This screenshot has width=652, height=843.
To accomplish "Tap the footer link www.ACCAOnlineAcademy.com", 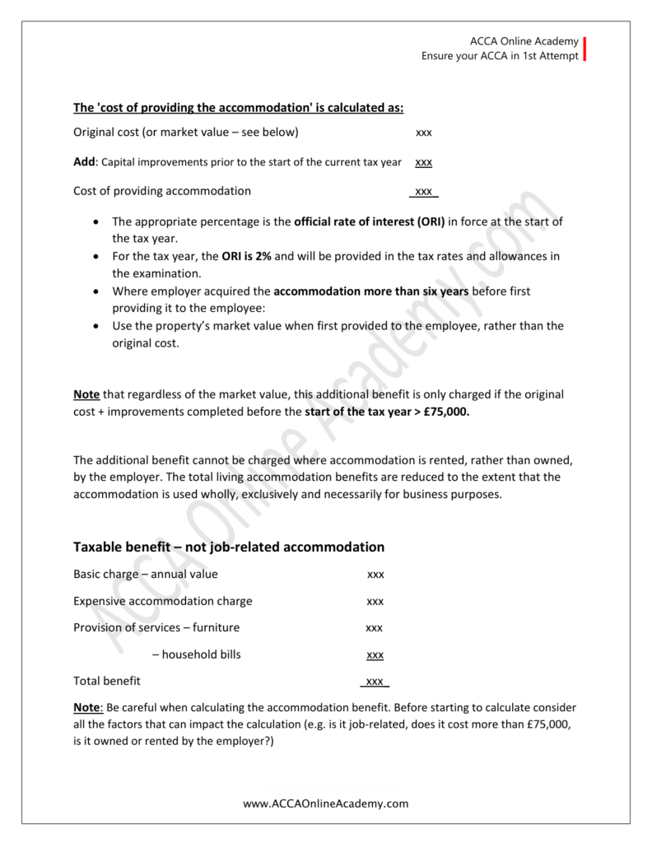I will pyautogui.click(x=326, y=803).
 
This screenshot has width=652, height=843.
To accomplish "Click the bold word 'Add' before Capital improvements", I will pyautogui.click(x=85, y=162).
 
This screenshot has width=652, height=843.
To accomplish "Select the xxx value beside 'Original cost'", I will pyautogui.click(x=424, y=133).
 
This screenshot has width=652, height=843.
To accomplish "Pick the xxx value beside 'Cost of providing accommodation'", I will pyautogui.click(x=424, y=192).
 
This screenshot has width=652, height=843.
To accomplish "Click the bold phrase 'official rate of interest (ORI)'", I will pyautogui.click(x=370, y=222).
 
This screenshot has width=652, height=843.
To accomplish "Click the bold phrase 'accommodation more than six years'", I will pyautogui.click(x=371, y=291).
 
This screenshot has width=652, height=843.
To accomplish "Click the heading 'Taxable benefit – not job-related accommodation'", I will pyautogui.click(x=229, y=547).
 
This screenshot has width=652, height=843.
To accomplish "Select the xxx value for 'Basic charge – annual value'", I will pyautogui.click(x=375, y=575).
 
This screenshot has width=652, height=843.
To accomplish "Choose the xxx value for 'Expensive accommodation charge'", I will pyautogui.click(x=375, y=601).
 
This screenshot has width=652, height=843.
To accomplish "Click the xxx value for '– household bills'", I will pyautogui.click(x=375, y=654).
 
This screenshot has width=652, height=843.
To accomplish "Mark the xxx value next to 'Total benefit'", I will pyautogui.click(x=375, y=682).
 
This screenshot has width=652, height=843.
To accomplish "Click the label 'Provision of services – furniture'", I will pyautogui.click(x=156, y=627).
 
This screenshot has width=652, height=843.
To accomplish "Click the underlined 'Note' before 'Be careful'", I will pyautogui.click(x=86, y=707).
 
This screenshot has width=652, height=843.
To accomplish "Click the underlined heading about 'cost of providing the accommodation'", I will pyautogui.click(x=239, y=107).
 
